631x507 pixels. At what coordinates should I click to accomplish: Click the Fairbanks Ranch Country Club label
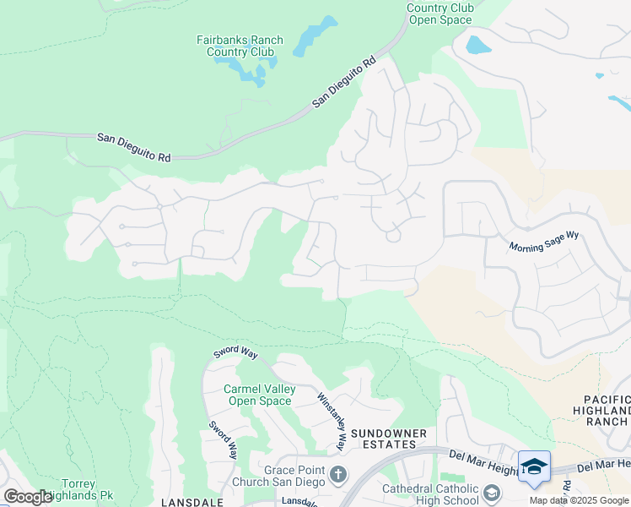click(240, 46)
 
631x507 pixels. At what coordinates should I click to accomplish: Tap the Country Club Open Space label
click(440, 14)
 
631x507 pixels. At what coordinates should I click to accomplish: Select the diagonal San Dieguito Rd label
click(343, 83)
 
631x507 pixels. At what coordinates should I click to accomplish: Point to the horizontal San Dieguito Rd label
click(133, 147)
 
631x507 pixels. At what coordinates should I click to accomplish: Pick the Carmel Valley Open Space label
click(259, 395)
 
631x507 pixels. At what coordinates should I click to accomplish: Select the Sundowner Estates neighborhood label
click(384, 438)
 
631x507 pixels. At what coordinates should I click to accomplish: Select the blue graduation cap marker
click(533, 466)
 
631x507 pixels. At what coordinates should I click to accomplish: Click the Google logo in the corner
click(27, 497)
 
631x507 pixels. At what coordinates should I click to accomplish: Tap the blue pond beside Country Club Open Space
click(478, 44)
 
